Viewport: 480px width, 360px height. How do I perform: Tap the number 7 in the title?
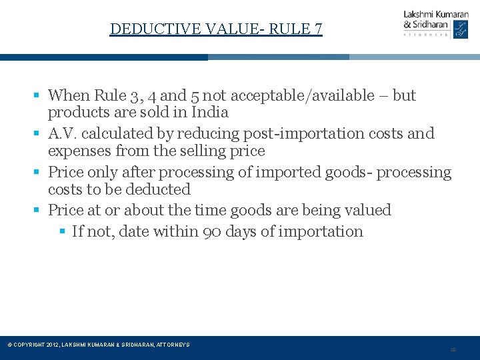[x=318, y=29]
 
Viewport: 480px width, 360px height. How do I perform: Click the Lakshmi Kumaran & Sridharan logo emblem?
[x=461, y=29]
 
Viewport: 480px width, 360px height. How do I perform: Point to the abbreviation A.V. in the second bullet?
[x=63, y=133]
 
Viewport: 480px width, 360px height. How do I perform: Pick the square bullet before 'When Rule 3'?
[x=40, y=95]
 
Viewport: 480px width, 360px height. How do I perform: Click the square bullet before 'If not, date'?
[x=63, y=231]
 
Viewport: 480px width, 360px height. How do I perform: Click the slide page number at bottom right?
[x=453, y=349]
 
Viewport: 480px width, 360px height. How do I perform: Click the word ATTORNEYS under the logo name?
[x=425, y=35]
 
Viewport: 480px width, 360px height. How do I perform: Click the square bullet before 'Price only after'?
[x=40, y=172]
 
